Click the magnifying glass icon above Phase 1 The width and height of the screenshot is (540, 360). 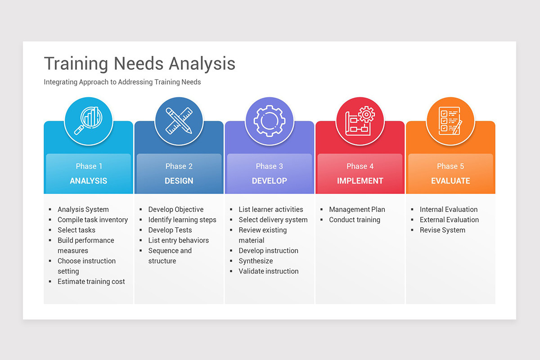[x=88, y=121]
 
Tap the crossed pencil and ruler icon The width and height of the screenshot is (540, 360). [x=179, y=121]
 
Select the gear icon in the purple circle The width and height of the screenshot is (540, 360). [x=269, y=121]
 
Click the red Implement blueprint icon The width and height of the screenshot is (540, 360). [x=360, y=121]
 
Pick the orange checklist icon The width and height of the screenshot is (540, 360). [x=450, y=121]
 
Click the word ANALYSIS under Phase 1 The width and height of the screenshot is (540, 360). [x=89, y=181]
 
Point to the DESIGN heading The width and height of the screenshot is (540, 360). [x=179, y=181]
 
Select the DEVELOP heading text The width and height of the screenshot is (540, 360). [x=269, y=181]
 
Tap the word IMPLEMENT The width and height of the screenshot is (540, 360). [x=360, y=181]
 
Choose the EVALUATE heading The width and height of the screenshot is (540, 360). [x=450, y=181]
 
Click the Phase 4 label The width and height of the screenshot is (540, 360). [x=360, y=166]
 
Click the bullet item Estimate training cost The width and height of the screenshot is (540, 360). [x=91, y=282]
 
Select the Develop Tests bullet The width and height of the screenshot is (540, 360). [x=170, y=230]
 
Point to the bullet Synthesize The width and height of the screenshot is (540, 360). [x=256, y=261]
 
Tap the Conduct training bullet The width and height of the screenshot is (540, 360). [x=355, y=220]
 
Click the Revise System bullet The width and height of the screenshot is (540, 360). [x=442, y=230]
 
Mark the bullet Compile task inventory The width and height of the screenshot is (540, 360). [x=93, y=220]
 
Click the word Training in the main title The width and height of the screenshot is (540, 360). [x=76, y=63]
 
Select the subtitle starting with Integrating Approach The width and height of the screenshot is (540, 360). [x=122, y=82]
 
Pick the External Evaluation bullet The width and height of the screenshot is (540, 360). [x=449, y=220]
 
